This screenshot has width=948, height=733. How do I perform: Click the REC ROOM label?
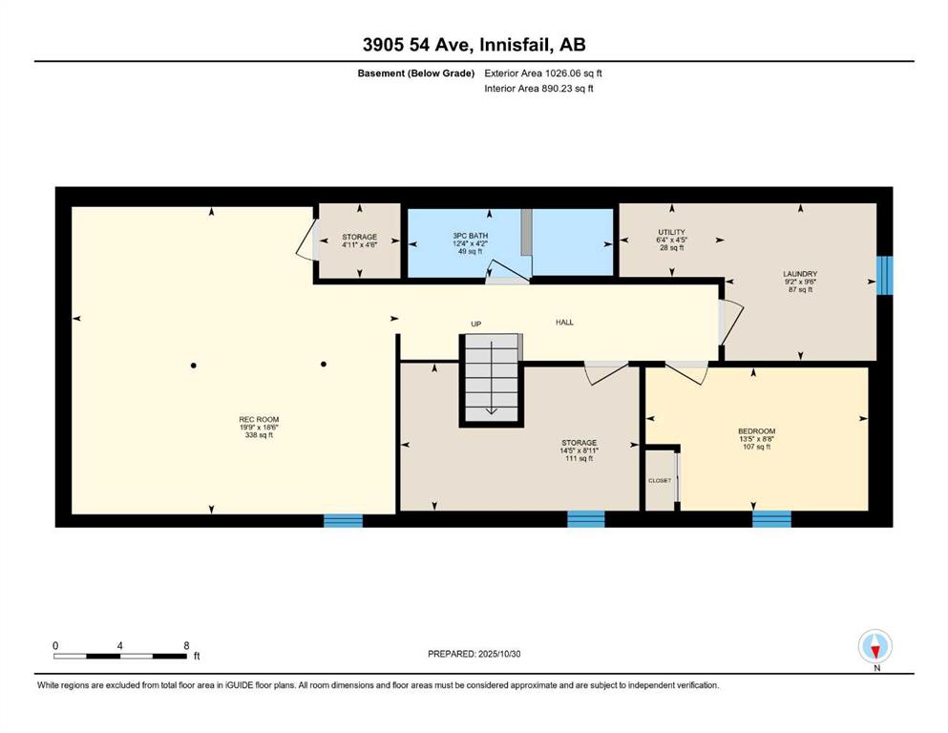[259, 419]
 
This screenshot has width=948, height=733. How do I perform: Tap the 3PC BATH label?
[471, 236]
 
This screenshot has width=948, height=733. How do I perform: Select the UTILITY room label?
[672, 232]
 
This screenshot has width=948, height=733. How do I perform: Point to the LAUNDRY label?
[800, 274]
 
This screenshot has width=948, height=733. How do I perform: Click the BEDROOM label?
[756, 431]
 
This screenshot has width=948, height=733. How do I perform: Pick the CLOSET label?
[660, 480]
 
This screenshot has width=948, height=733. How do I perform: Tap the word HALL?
[564, 322]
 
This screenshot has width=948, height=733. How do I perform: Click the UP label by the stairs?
[475, 324]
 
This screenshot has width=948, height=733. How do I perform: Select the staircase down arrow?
[491, 378]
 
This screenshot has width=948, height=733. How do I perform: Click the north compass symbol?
[874, 646]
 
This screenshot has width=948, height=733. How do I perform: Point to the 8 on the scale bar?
[186, 645]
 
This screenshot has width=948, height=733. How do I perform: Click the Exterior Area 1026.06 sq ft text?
[543, 73]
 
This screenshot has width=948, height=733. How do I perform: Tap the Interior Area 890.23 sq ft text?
[538, 88]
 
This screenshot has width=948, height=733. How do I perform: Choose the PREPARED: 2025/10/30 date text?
[474, 654]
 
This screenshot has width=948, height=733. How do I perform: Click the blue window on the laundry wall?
[885, 276]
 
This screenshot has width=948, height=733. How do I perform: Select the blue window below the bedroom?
[771, 519]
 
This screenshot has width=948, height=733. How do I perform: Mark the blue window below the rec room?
[344, 520]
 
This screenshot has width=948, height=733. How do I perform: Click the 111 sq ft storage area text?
[579, 459]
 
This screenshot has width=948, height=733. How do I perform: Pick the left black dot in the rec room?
[194, 365]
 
